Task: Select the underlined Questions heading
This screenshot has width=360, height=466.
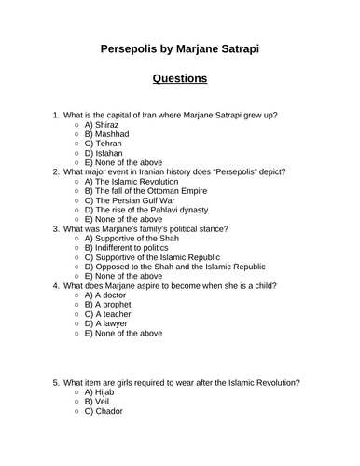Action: coord(179,78)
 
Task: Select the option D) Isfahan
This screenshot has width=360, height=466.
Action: coord(106,157)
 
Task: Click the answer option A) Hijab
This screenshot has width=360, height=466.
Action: coord(102,418)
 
